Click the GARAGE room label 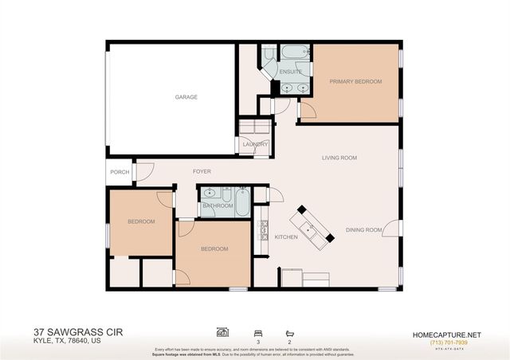tap(186, 97)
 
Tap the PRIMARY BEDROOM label tap(356, 81)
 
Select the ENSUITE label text tap(290, 72)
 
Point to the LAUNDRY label tap(256, 144)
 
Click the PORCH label tap(120, 172)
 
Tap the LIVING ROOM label tap(339, 158)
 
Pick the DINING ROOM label tap(364, 231)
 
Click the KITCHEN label tap(286, 237)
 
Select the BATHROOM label tap(218, 206)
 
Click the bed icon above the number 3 tap(257, 331)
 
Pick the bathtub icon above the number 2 tap(288, 331)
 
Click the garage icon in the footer tap(222, 331)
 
